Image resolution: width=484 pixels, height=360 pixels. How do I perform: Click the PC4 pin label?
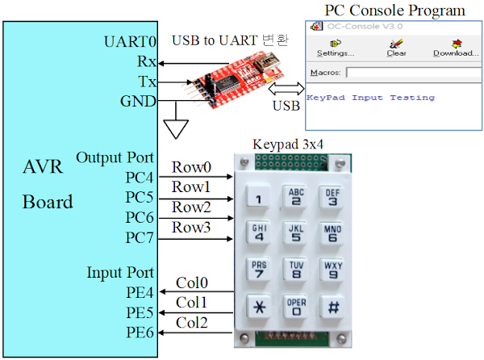(x=139, y=178)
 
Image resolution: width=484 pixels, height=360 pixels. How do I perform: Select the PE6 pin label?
(x=139, y=333)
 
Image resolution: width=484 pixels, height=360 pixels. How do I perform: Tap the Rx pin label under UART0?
(x=147, y=61)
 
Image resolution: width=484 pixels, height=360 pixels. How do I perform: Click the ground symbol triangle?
(x=175, y=130)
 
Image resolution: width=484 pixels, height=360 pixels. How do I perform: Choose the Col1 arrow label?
(x=192, y=303)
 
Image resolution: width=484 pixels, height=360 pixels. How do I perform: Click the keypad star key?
(x=259, y=308)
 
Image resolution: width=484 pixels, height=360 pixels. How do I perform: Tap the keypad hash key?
(x=332, y=308)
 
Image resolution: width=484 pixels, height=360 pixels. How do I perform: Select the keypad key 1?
(x=259, y=197)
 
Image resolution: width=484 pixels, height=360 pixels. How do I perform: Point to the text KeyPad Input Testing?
(x=371, y=98)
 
